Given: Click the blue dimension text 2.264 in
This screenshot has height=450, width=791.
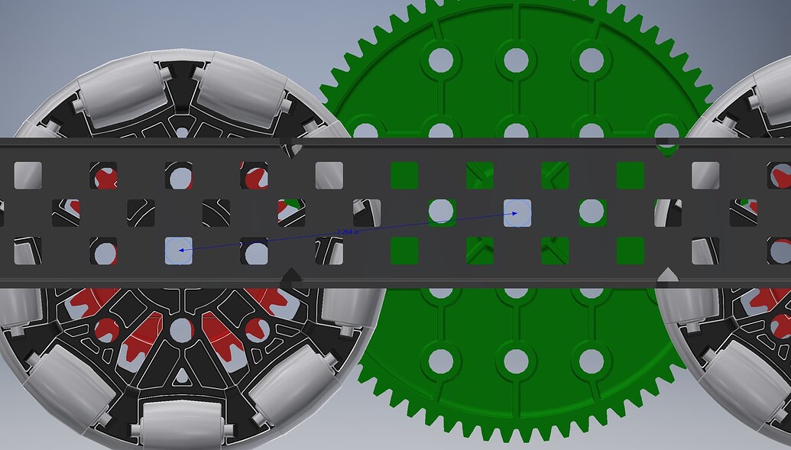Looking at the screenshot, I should click(x=348, y=231).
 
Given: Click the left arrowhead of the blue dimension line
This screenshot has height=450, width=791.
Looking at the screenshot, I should click(x=181, y=249).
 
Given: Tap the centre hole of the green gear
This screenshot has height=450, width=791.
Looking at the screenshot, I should click(x=517, y=212).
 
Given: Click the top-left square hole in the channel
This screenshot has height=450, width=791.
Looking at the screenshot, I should click(x=28, y=175).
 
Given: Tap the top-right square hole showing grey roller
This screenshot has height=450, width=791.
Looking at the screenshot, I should click(x=705, y=175).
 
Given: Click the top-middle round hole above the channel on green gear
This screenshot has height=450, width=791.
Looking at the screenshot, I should click(x=517, y=59).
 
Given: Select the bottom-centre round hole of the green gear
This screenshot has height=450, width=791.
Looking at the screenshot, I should click(x=517, y=361).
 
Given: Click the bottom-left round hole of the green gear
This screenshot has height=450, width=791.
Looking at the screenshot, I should click(x=441, y=361).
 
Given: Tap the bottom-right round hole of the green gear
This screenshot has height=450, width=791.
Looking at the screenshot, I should click(x=592, y=361).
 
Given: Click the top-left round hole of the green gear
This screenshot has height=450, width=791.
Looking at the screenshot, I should click(x=441, y=59).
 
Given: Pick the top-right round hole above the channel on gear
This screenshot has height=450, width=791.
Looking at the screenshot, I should click(x=592, y=59).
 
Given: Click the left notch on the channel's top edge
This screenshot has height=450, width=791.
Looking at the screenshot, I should click(x=291, y=147).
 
